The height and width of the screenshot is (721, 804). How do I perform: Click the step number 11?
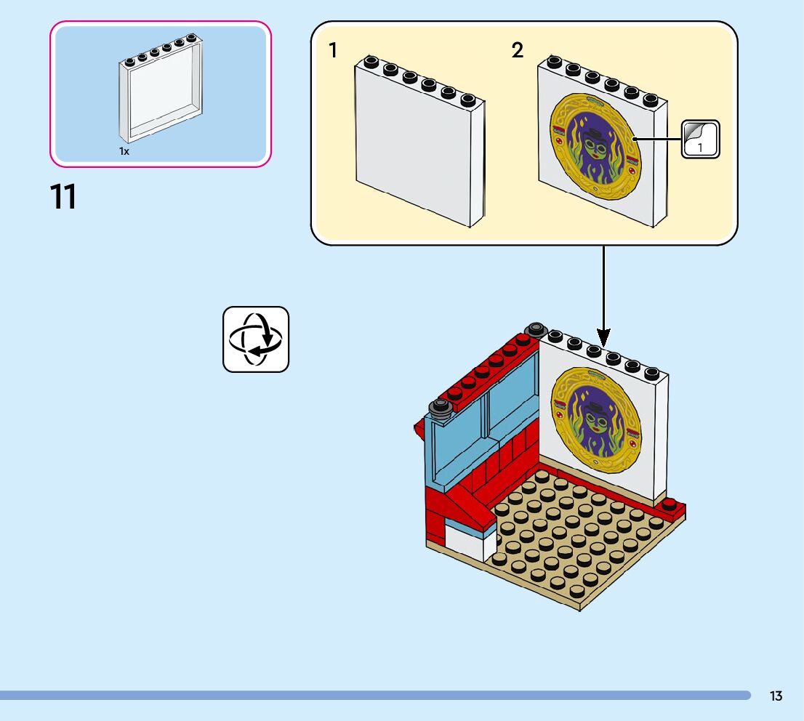point(63,197)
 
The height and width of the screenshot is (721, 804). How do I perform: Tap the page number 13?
point(776,696)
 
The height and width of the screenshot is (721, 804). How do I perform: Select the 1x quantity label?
point(124,151)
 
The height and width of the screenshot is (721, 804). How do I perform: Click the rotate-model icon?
point(256,339)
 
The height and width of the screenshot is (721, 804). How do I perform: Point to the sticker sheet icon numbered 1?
point(701,139)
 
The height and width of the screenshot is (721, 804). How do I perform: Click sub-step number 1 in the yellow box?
point(333,50)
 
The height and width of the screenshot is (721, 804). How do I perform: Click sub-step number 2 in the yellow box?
point(518,50)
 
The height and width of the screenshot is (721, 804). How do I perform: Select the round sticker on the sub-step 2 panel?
point(595,147)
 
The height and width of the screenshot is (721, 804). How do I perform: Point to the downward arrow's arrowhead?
point(603,339)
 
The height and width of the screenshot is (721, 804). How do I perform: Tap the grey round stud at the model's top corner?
point(536,329)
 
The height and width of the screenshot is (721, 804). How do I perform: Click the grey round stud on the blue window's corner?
point(441,408)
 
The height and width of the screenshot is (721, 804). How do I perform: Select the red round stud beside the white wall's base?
point(669,504)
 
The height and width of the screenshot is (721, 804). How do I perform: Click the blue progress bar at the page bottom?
point(375,696)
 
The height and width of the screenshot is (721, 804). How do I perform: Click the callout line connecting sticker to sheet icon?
point(658,139)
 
